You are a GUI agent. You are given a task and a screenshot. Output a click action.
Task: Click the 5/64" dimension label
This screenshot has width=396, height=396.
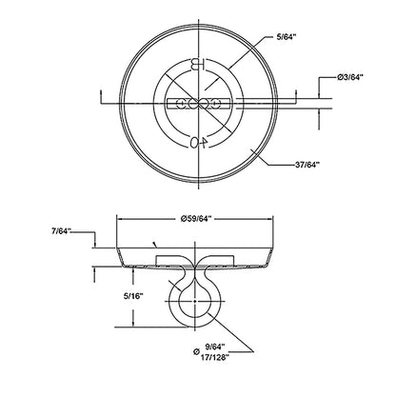pos(286,37)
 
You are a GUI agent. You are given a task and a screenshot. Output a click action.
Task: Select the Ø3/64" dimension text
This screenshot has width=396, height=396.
pos(350,77)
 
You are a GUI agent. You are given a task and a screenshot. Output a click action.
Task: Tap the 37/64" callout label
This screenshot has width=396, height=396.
pos(306,165)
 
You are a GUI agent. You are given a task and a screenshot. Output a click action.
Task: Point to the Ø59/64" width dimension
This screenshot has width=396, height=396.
pos(195,219)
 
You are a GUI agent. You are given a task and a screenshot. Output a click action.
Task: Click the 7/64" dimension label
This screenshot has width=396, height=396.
pos(61,231)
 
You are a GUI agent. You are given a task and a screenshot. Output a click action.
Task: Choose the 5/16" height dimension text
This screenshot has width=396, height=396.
pos(133,296)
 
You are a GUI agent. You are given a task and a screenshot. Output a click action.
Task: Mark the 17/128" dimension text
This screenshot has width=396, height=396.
pos(215,357)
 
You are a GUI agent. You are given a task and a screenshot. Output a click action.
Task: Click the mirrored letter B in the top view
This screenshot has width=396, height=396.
pos(198,65)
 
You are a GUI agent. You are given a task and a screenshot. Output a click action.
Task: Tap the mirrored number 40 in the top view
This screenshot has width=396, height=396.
pos(199,143)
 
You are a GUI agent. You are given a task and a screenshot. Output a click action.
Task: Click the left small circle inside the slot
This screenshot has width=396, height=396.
pos(182,104)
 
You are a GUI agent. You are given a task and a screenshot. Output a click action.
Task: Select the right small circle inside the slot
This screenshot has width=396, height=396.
pos(216,104)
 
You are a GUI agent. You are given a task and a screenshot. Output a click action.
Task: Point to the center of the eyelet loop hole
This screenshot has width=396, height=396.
pos(194,301)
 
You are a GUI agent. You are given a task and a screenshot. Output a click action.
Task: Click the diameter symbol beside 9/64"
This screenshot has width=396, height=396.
pos(196,351)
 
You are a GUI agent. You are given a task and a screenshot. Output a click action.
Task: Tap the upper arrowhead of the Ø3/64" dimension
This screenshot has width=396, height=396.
pos(319,95)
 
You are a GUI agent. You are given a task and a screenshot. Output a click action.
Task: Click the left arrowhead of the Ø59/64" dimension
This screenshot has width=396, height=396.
pos(121,219)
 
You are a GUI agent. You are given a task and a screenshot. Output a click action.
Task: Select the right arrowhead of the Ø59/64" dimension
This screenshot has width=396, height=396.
pos(269,219)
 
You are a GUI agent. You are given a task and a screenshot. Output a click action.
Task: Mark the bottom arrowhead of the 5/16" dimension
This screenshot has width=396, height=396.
pos(133,324)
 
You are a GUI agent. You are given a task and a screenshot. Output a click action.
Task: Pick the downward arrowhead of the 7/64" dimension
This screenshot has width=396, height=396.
pos(94,245)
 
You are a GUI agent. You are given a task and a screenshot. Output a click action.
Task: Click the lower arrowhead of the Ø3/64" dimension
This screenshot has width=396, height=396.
pos(319,111)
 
